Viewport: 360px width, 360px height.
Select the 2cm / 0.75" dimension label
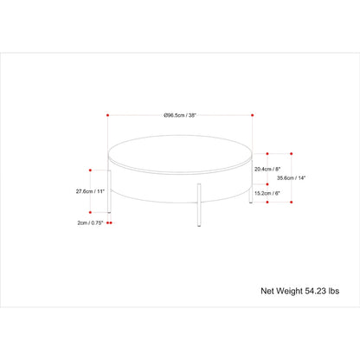pos(89,222)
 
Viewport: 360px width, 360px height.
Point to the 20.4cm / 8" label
pos(267,170)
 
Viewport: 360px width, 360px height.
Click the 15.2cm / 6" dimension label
pos(267,193)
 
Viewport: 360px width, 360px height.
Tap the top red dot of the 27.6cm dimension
pos(90,170)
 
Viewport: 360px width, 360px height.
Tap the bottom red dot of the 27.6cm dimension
pos(90,212)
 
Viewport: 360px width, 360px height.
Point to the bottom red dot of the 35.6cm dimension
pos(291,204)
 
